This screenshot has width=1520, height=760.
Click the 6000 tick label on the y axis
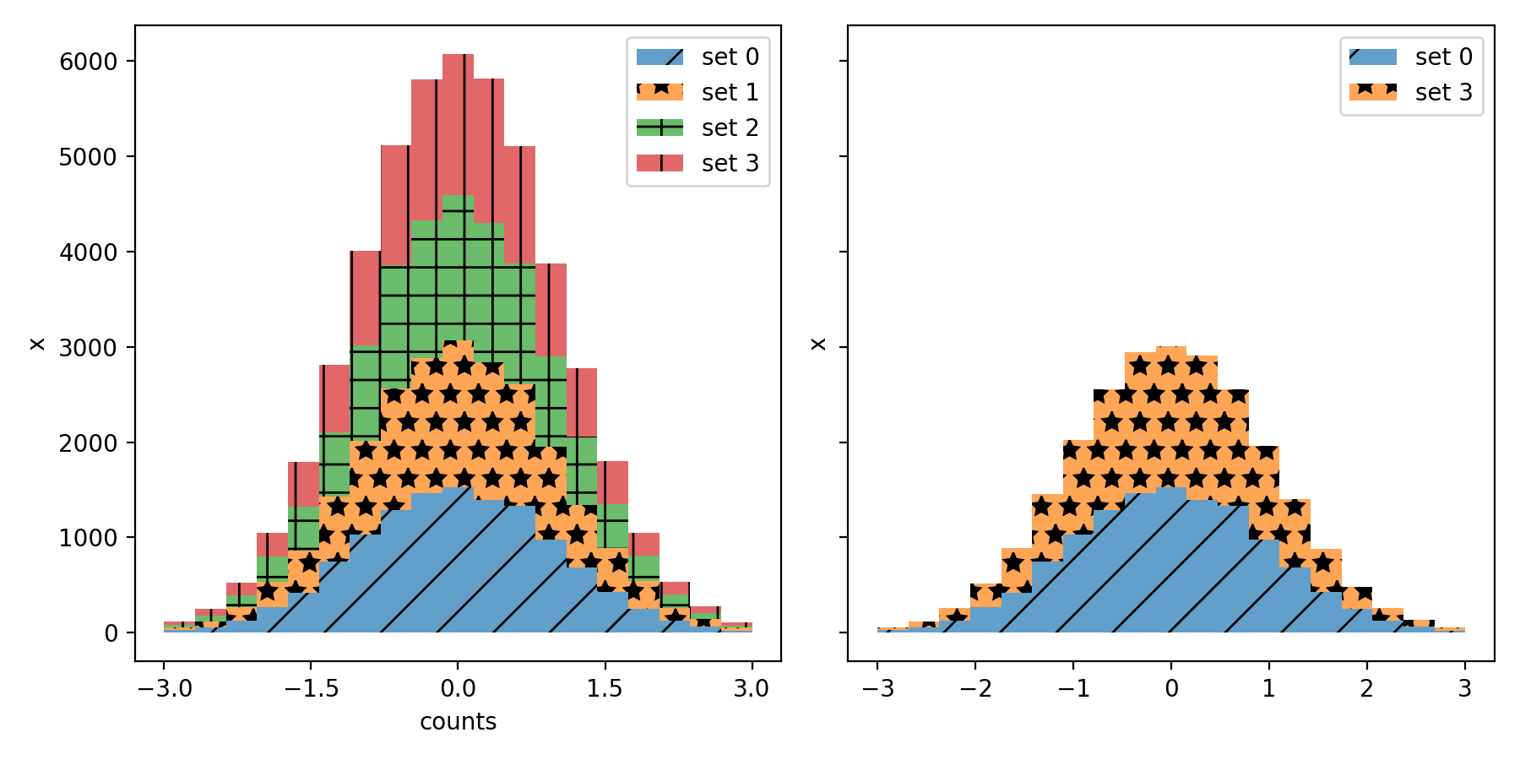tap(88, 62)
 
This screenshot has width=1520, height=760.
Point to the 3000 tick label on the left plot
tap(88, 347)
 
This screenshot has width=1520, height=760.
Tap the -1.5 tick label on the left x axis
tap(311, 689)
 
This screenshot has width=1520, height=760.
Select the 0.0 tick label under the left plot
tap(458, 689)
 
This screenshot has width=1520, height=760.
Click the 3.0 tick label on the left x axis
tap(751, 689)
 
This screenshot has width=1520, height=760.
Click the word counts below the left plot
tap(458, 722)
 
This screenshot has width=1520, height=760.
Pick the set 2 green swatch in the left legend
tap(660, 128)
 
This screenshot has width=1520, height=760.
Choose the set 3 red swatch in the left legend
tap(660, 163)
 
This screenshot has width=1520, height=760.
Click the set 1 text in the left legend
tap(730, 92)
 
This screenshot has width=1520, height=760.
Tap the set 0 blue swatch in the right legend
tap(1373, 57)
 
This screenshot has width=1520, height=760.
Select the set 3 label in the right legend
tap(1443, 92)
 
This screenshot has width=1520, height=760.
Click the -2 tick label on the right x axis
tap(975, 689)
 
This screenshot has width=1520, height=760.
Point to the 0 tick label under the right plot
tap(1171, 689)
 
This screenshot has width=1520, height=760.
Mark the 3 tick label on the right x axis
tap(1464, 689)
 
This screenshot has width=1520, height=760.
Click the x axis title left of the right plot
tap(818, 344)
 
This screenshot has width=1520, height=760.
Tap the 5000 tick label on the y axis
tap(88, 157)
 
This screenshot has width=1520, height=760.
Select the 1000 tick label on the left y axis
tap(88, 538)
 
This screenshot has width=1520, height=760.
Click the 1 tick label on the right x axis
tap(1268, 689)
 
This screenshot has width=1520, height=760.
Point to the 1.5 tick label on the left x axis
tap(605, 689)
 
